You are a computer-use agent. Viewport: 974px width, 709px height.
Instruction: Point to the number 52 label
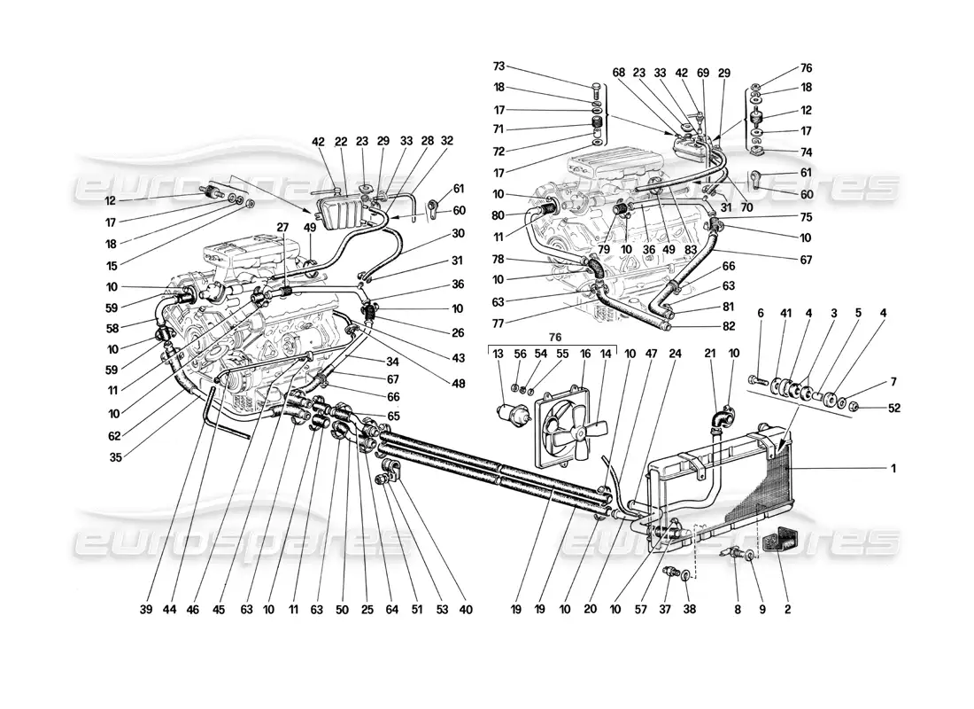[x=894, y=408]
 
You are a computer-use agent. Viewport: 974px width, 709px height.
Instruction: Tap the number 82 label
[x=704, y=326]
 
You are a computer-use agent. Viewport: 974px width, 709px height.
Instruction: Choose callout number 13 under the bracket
[x=498, y=354]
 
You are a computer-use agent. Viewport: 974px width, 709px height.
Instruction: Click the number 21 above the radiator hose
[x=710, y=353]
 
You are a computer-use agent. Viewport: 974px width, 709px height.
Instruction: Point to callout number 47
[x=628, y=354]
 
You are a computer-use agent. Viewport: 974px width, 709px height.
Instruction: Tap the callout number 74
[x=806, y=152]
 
